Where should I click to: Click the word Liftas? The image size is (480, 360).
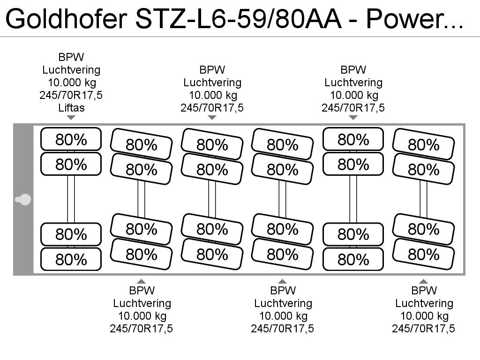[71, 108]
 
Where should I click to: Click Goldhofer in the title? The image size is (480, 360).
[66, 18]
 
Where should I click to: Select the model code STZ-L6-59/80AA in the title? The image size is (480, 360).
[238, 18]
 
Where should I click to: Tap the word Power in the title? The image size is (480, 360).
[405, 18]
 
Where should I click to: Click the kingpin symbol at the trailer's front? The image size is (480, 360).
[23, 200]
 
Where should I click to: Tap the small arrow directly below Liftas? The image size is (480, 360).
[71, 118]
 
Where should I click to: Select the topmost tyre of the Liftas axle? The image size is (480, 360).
[71, 139]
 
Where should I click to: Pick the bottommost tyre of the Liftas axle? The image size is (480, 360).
[71, 259]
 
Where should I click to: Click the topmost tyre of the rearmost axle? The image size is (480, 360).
[424, 144]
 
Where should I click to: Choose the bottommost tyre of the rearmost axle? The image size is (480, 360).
[424, 254]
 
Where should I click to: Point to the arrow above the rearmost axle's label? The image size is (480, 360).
[424, 281]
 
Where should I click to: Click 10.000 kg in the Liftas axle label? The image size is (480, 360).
[72, 82]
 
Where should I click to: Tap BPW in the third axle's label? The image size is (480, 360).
[212, 70]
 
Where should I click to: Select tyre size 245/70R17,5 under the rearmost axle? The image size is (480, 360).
[424, 329]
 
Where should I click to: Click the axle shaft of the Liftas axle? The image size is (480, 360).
[71, 199]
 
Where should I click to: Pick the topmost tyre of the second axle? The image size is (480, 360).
[142, 144]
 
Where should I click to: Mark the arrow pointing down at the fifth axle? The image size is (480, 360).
[353, 118]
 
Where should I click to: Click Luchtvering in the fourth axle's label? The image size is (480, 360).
[283, 303]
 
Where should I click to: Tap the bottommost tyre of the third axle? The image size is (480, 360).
[212, 254]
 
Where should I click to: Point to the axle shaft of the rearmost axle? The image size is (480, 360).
[424, 199]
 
